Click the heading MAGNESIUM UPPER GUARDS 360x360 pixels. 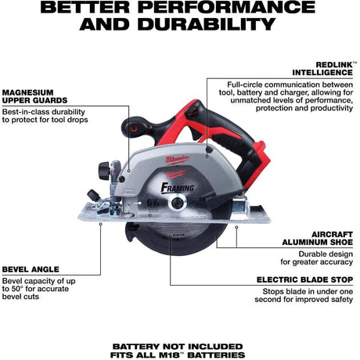(x=34, y=96)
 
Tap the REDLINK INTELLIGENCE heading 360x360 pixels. (x=323, y=69)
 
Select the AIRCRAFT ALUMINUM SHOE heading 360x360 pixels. (x=317, y=238)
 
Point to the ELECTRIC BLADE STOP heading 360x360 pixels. (x=304, y=279)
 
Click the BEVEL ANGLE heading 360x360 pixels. (x=31, y=269)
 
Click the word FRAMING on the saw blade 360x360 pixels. (x=178, y=187)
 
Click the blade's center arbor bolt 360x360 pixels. (x=178, y=202)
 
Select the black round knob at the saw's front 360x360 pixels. (x=104, y=171)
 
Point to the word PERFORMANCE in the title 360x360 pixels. (x=226, y=7)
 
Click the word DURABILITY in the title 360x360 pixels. (x=207, y=24)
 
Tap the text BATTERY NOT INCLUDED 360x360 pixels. (x=178, y=347)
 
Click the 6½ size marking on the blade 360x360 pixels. (x=153, y=202)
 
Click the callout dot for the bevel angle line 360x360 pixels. (x=101, y=224)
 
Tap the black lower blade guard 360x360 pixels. (x=178, y=239)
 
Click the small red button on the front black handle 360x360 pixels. (x=134, y=128)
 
